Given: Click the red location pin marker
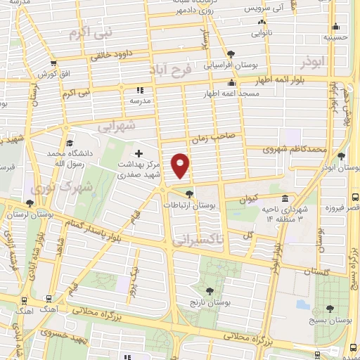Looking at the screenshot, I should click(x=181, y=165).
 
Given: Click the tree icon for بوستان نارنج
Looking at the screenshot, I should click(x=209, y=290).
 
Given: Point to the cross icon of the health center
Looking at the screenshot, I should click(x=139, y=153).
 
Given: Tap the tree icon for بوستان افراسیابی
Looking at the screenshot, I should click(x=231, y=53).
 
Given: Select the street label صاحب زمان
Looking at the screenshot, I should click(x=221, y=137).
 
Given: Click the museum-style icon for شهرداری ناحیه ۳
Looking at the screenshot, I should click(x=284, y=199).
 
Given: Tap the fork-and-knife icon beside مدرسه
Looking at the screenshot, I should click(x=139, y=90).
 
